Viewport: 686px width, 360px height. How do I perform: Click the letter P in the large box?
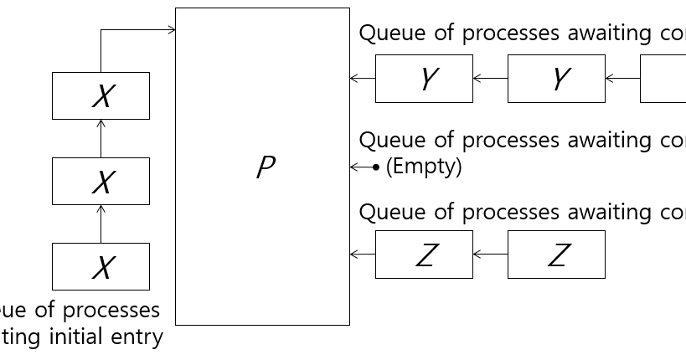(x=265, y=168)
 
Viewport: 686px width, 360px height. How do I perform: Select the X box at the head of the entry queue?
(x=101, y=95)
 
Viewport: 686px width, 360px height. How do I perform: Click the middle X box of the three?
(x=101, y=181)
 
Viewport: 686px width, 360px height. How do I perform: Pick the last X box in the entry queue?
(x=101, y=266)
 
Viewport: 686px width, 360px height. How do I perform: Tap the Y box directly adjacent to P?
(x=424, y=79)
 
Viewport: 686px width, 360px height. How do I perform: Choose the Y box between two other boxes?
(x=556, y=79)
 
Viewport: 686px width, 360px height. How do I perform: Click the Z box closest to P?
(x=424, y=255)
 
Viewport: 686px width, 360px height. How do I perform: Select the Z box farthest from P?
(x=556, y=255)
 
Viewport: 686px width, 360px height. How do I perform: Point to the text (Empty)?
(x=424, y=167)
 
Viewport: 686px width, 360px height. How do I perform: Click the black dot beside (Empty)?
(x=376, y=167)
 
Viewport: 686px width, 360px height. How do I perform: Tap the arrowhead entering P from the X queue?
(x=172, y=30)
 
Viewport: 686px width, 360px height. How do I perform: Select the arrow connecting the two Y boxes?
(x=490, y=79)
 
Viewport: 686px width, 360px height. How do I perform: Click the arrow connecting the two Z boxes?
(x=490, y=255)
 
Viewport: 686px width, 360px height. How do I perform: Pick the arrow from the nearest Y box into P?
(x=362, y=79)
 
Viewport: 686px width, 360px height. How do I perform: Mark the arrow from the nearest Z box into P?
(x=362, y=255)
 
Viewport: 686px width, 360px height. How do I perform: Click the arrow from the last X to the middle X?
(x=101, y=224)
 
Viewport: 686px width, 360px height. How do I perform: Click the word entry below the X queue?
(x=140, y=337)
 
